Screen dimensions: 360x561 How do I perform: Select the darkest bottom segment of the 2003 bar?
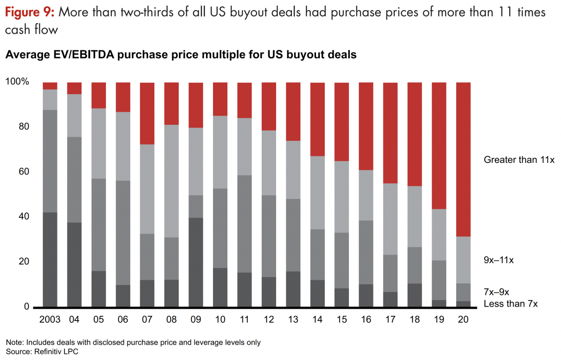click(x=50, y=259)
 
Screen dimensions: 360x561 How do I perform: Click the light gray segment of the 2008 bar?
click(x=171, y=181)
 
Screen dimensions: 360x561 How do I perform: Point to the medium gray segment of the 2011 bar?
click(x=245, y=223)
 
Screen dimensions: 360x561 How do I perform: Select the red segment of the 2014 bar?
click(x=317, y=119)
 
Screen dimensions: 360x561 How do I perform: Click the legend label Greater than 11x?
click(x=519, y=160)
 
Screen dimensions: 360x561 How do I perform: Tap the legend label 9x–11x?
click(x=498, y=260)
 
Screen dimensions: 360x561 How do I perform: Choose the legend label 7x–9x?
click(x=496, y=292)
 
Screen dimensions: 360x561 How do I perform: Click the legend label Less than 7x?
click(x=510, y=304)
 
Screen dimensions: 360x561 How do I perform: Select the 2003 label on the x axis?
click(x=50, y=319)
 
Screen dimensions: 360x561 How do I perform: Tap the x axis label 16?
click(x=366, y=319)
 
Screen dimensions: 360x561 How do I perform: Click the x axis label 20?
click(x=464, y=319)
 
